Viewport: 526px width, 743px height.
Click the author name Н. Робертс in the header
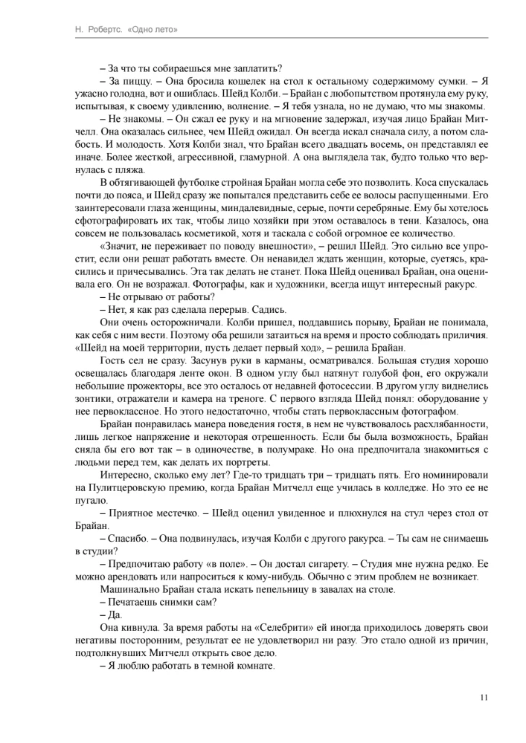(62, 30)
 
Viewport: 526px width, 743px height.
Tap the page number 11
(484, 697)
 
